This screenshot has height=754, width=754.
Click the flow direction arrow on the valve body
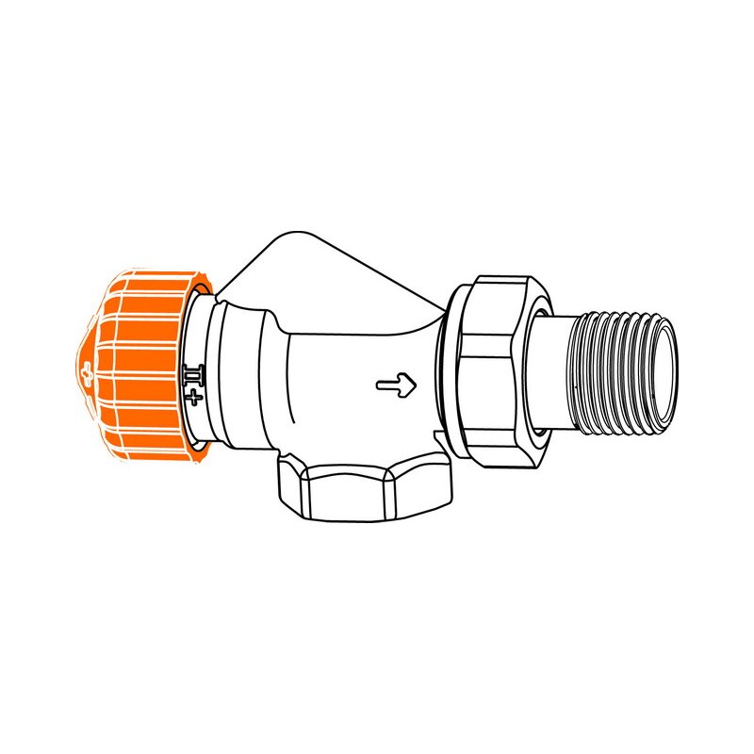tap(395, 384)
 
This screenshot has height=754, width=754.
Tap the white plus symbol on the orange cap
tap(89, 369)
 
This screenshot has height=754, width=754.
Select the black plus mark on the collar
tap(195, 398)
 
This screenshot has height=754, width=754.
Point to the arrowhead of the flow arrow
tap(408, 384)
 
